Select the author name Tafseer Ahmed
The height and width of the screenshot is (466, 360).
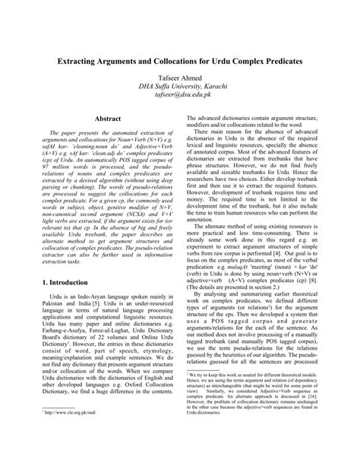pyautogui.click(x=180, y=78)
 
